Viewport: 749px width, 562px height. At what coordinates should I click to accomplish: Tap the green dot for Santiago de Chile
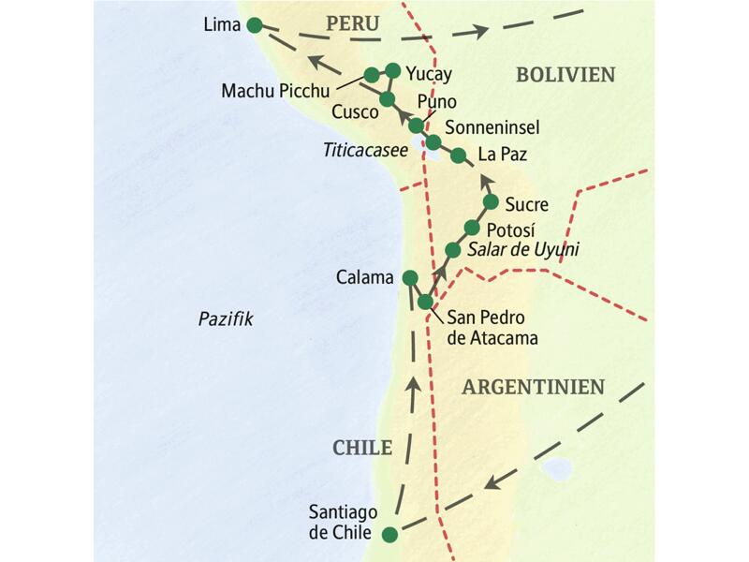pos(389,535)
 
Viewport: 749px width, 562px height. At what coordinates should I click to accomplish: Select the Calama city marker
pos(409,277)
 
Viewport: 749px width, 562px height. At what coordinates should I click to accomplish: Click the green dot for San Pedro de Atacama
pos(426,302)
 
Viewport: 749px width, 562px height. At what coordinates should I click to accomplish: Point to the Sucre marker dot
pos(490,202)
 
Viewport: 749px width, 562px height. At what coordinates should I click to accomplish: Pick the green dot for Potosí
pos(472,228)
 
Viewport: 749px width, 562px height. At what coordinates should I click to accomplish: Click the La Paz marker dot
pos(458,155)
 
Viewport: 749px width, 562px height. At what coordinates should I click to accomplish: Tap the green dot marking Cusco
pos(387,98)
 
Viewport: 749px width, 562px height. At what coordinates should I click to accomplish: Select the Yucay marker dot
pos(392,70)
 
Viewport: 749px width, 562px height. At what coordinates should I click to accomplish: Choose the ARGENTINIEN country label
pos(533,387)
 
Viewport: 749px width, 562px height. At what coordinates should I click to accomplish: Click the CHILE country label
pos(362,448)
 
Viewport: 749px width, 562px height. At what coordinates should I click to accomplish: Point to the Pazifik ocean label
pos(226,319)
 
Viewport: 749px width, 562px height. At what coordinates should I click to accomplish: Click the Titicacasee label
pos(366,149)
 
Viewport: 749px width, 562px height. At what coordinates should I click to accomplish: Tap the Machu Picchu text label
pos(275,90)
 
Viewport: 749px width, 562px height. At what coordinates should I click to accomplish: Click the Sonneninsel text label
pos(492,126)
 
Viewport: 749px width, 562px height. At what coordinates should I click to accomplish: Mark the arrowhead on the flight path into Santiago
pos(489,483)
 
